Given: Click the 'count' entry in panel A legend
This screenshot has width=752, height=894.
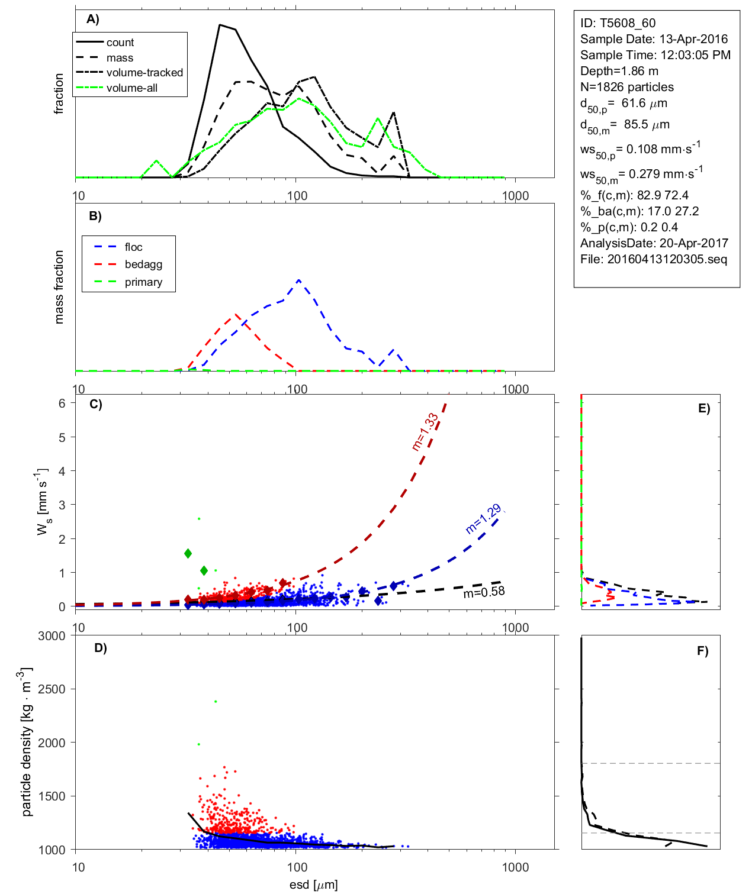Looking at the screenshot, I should (x=120, y=43).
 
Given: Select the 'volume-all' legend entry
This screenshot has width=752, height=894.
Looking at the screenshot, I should (x=132, y=88).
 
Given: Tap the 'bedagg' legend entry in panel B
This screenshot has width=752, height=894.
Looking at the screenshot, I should (x=143, y=264).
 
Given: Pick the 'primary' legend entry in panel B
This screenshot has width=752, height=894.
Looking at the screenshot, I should (x=143, y=282).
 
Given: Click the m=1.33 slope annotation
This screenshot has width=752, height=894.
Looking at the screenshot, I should (x=425, y=432).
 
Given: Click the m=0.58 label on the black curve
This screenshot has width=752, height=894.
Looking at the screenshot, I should (x=484, y=592).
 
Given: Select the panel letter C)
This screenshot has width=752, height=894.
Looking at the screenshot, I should (x=96, y=405).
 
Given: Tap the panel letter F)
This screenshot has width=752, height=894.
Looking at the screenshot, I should (x=702, y=651).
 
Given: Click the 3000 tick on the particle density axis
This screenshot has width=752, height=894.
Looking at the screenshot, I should (x=52, y=636).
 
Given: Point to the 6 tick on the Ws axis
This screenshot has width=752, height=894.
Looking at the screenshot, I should (x=62, y=404).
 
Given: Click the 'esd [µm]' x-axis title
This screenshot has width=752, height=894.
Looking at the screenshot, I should (x=313, y=885).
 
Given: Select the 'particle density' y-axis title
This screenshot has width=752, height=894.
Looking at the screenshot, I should (x=27, y=742).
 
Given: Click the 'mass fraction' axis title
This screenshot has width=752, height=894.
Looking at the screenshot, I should (x=59, y=287).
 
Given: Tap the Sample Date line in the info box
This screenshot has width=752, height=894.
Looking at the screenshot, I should (x=654, y=39).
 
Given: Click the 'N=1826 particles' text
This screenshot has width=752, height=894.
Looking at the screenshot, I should (x=626, y=87).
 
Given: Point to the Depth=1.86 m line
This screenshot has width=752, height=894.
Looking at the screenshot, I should (x=619, y=71).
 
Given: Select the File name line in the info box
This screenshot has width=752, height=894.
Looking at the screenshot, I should (x=653, y=259).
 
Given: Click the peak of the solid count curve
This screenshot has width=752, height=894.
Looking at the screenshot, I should (x=220, y=25).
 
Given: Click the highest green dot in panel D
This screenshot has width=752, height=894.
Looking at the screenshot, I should (x=216, y=702).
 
